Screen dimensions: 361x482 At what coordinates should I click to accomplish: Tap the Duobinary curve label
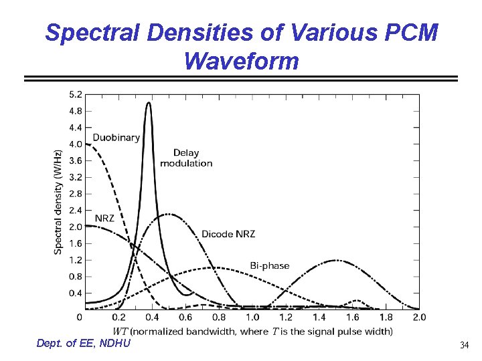[x=116, y=138]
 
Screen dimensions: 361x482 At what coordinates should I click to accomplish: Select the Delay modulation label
[x=186, y=158]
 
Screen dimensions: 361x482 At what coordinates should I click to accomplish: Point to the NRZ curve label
[x=104, y=218]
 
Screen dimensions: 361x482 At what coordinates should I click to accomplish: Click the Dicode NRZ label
[x=228, y=234]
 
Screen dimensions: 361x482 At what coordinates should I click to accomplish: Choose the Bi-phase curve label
[x=270, y=265]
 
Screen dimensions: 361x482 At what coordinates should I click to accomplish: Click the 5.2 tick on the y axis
[x=76, y=94]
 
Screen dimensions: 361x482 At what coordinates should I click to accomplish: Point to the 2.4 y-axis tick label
[x=76, y=210]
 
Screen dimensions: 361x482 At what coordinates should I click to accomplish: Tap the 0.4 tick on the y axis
[x=76, y=293]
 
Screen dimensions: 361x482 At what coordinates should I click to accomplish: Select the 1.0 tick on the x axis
[x=252, y=317]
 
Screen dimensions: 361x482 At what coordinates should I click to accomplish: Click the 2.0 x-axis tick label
[x=419, y=317]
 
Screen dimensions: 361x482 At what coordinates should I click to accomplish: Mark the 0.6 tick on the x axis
[x=185, y=317]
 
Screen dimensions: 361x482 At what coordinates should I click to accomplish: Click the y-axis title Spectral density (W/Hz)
[x=59, y=201]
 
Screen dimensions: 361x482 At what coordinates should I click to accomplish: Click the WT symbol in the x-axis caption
[x=120, y=331]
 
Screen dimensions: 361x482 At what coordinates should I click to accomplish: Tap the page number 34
[x=464, y=346]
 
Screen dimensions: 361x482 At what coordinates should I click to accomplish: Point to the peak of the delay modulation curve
[x=149, y=103]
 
